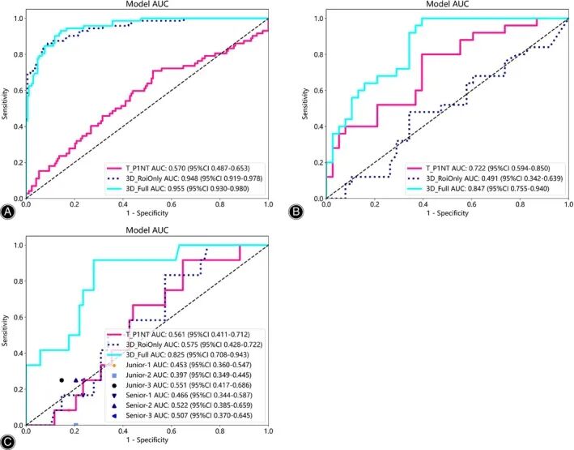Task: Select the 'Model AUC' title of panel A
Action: pyautogui.click(x=147, y=5)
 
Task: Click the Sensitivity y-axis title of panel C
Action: pyautogui.click(x=6, y=336)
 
